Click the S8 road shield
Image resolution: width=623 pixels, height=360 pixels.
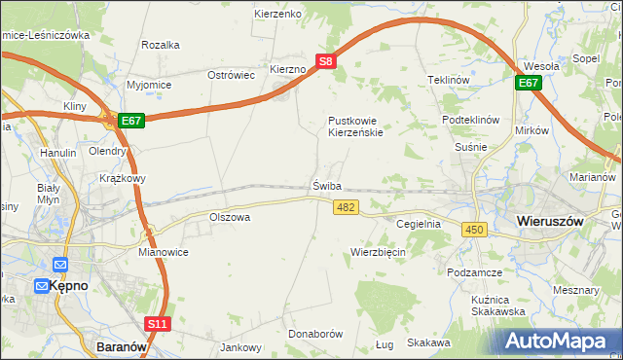coord(328,60)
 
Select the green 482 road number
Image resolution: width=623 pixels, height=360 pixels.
coord(346,207)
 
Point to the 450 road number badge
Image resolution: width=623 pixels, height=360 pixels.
coord(474,229)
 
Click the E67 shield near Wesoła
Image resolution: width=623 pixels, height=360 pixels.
coord(529,84)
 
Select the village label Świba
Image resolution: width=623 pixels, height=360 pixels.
coord(327,186)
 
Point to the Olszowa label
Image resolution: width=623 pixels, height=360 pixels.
coord(231,217)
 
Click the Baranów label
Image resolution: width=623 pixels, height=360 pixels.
coord(123,344)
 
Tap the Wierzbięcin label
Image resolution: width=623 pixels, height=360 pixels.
coord(378,252)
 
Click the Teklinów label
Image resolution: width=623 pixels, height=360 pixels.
coord(449,80)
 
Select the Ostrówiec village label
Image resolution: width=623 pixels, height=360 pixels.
coord(232,75)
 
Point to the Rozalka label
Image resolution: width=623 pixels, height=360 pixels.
coord(161,45)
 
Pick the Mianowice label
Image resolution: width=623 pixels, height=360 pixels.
coord(163,251)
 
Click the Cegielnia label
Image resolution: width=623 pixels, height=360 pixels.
coord(419,224)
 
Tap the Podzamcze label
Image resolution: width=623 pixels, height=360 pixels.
coord(474,273)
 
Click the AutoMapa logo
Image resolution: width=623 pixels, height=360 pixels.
coord(559,341)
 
